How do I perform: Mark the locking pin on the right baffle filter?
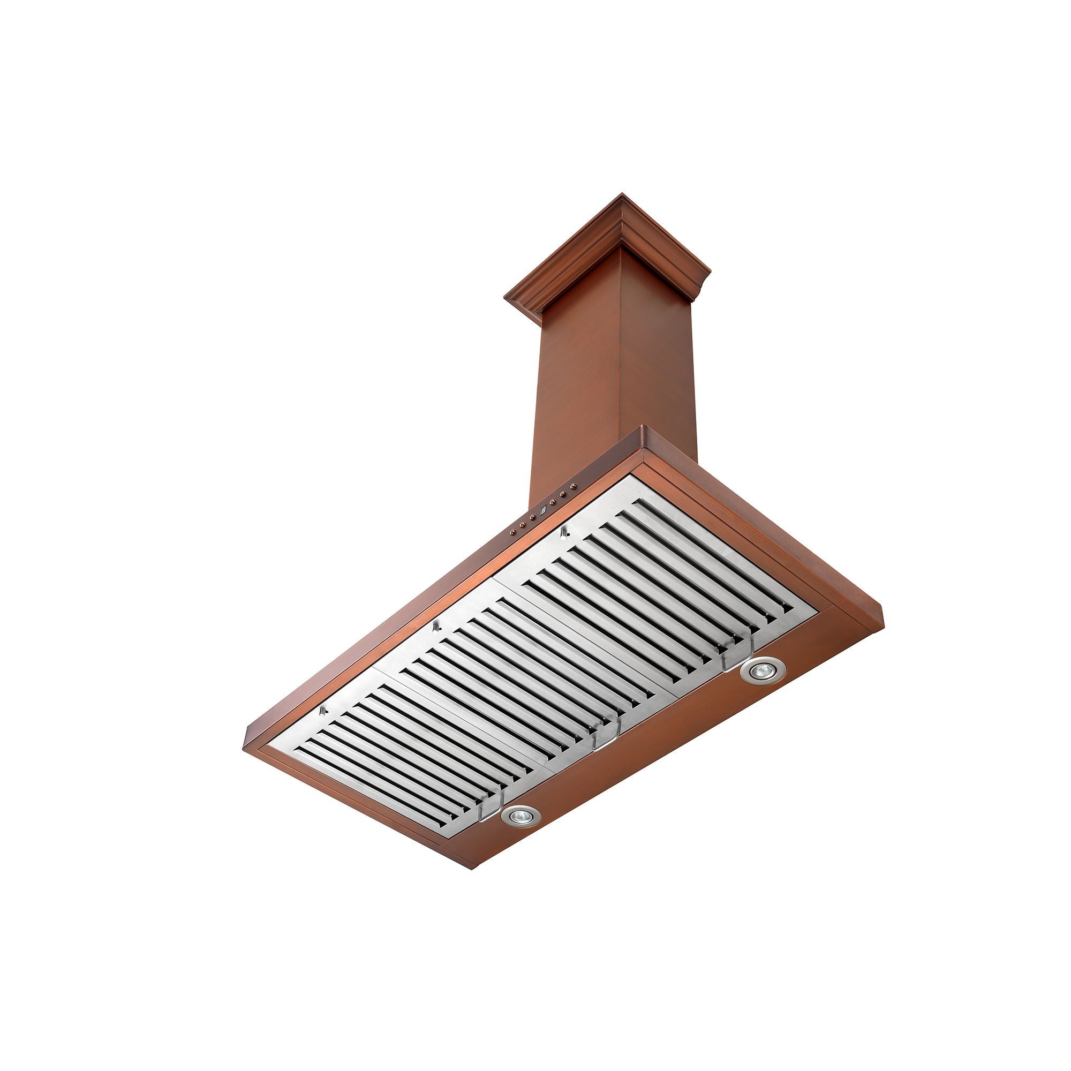[564, 534]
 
